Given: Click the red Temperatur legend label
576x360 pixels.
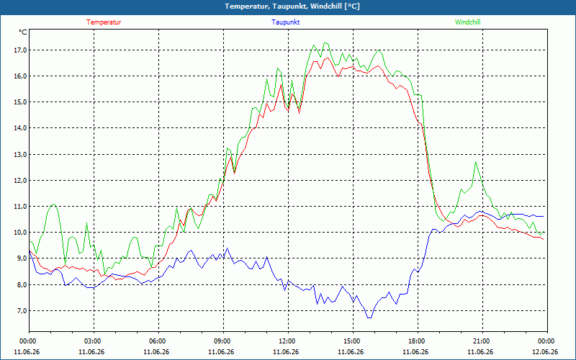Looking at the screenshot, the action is click(x=104, y=22).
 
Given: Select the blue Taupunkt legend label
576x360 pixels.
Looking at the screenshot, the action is click(x=285, y=22).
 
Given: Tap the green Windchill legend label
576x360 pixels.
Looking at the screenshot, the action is click(x=467, y=22).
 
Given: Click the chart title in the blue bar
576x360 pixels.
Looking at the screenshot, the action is click(x=292, y=6).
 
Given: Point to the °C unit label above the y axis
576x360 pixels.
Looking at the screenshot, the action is click(x=23, y=32).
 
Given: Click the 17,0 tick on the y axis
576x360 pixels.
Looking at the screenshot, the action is click(x=20, y=50).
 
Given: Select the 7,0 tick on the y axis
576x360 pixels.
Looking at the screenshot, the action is click(x=22, y=311).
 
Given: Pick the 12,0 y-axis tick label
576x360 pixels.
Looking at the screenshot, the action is click(x=20, y=181).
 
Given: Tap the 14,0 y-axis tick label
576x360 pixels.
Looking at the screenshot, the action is click(x=20, y=128).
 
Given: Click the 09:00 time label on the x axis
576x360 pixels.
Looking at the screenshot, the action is click(x=223, y=341).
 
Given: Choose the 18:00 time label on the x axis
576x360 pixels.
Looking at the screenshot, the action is click(x=418, y=341).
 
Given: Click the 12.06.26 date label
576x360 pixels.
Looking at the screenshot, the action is click(x=545, y=351).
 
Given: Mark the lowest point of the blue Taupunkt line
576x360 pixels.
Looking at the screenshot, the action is click(x=369, y=318).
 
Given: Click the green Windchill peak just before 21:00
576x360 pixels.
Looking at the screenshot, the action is click(x=476, y=162).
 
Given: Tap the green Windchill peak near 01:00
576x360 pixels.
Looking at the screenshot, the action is click(x=53, y=204).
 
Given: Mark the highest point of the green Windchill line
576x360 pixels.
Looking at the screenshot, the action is click(x=325, y=43).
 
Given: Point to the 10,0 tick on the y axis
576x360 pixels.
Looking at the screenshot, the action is click(x=20, y=233).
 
